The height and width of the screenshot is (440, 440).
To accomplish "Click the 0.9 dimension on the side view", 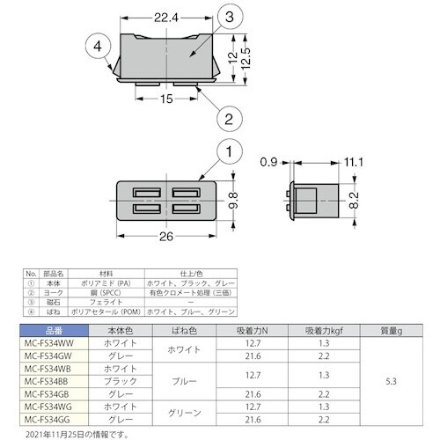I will point(269,162).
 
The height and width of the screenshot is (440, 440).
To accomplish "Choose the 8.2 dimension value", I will point(353,200).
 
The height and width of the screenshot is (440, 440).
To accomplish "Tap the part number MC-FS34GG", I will point(49,421).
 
